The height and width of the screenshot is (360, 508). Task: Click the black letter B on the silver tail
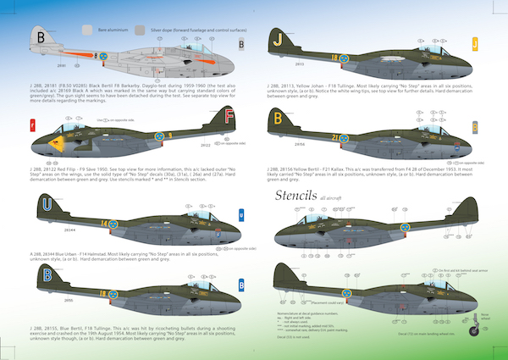(x=42, y=36)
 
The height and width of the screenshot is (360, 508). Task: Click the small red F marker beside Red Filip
(x=32, y=127)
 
